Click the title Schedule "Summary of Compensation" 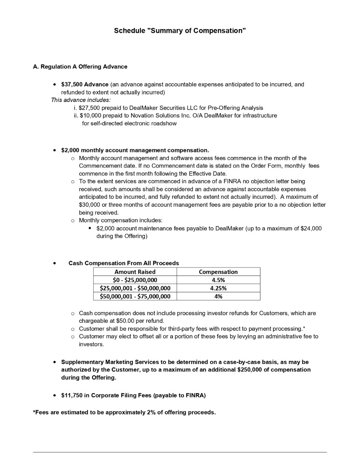(x=180, y=31)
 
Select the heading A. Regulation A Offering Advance (x=80, y=67)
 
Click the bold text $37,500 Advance (x=85, y=84)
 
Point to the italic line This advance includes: (x=81, y=100)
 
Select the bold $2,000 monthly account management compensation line (x=135, y=150)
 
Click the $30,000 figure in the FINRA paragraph (x=89, y=205)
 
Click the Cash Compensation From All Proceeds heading (x=124, y=263)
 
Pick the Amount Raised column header (x=135, y=272)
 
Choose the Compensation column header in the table (x=218, y=272)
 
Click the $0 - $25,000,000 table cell (x=135, y=280)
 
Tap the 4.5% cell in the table (x=218, y=280)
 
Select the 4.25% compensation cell (x=218, y=288)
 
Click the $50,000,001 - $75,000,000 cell (x=135, y=296)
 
